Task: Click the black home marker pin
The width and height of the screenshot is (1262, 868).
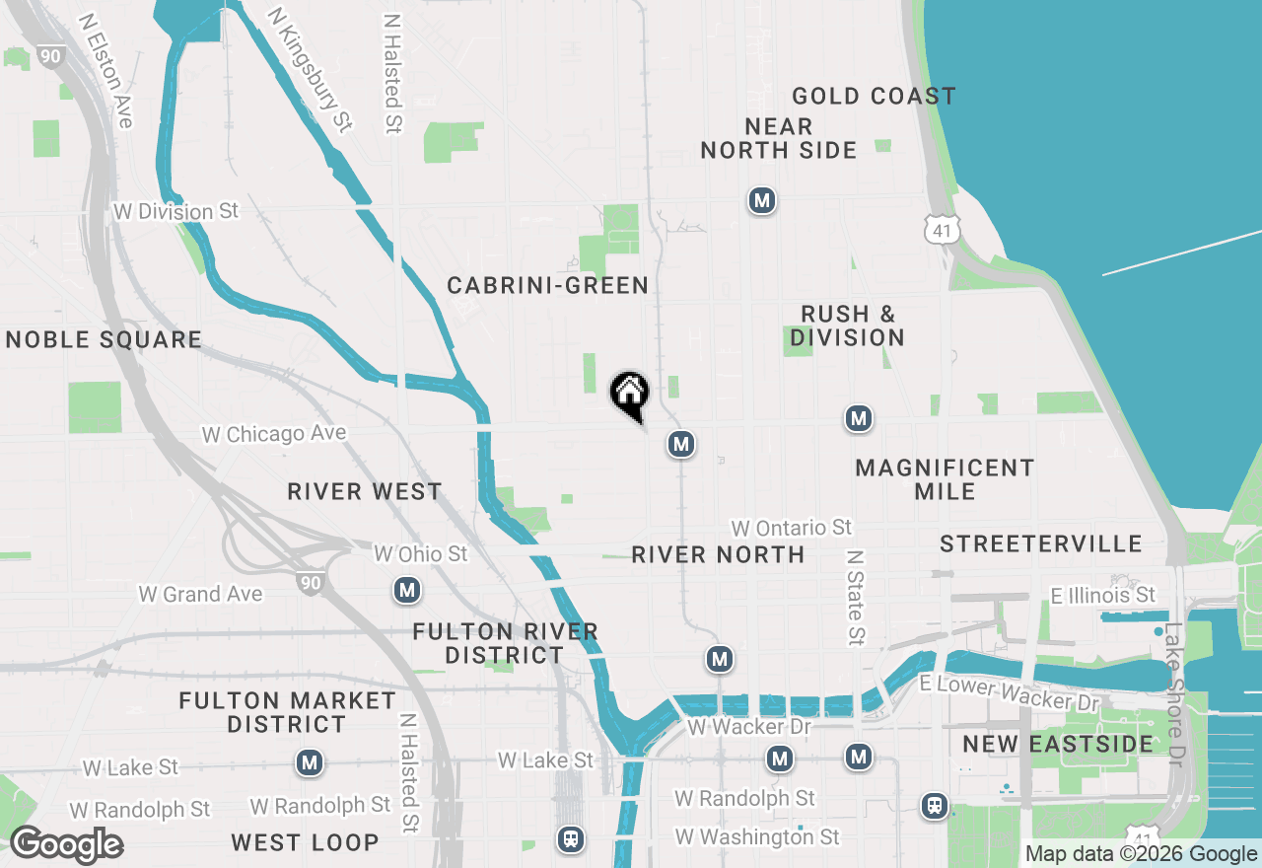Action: pyautogui.click(x=630, y=395)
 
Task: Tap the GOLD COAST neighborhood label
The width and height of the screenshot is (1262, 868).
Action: pyautogui.click(x=874, y=96)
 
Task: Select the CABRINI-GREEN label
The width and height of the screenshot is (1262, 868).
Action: pyautogui.click(x=547, y=286)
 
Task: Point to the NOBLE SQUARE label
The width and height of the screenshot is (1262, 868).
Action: pyautogui.click(x=104, y=340)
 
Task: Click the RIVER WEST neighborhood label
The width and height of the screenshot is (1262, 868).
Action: pyautogui.click(x=365, y=491)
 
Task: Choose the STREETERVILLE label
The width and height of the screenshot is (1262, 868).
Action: pyautogui.click(x=1041, y=543)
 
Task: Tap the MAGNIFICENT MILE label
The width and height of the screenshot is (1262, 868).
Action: pyautogui.click(x=945, y=479)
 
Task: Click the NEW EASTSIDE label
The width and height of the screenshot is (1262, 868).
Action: pyautogui.click(x=1058, y=744)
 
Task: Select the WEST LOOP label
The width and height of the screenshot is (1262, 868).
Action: pyautogui.click(x=305, y=842)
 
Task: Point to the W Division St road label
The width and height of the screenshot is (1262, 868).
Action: pyautogui.click(x=176, y=212)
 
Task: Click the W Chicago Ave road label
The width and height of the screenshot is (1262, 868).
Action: pyautogui.click(x=273, y=434)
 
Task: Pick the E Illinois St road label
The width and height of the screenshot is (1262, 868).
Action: pyautogui.click(x=1102, y=595)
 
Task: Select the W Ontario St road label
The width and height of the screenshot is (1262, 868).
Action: pyautogui.click(x=791, y=529)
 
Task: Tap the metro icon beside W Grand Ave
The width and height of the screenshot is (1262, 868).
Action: pyautogui.click(x=407, y=591)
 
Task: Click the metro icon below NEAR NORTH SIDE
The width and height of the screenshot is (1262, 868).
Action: pyautogui.click(x=760, y=201)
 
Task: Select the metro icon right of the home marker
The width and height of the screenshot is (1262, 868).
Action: pyautogui.click(x=679, y=445)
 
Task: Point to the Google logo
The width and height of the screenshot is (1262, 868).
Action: pyautogui.click(x=66, y=844)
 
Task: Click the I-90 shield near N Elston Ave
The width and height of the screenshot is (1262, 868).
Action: pyautogui.click(x=50, y=56)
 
